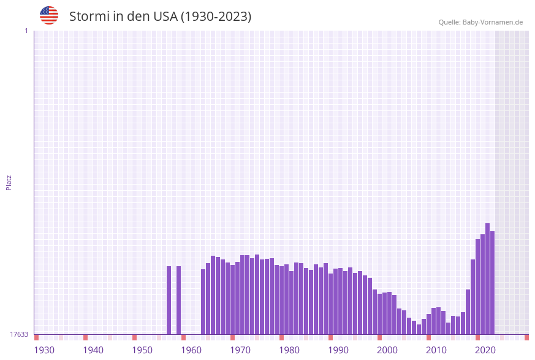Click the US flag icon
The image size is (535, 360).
(49, 15)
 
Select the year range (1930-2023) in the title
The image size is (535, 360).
(216, 17)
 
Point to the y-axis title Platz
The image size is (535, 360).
(9, 182)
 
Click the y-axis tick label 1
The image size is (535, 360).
(26, 31)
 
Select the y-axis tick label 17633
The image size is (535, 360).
(19, 334)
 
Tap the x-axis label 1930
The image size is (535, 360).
(44, 350)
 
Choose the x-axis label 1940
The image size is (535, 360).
(93, 350)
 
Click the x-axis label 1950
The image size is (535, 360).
(142, 350)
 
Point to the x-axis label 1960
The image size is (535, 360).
(191, 350)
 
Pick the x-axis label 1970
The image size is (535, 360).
(240, 350)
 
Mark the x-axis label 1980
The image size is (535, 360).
(289, 350)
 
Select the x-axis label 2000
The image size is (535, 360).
(387, 350)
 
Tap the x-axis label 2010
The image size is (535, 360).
(436, 350)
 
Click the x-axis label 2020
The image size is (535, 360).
(485, 350)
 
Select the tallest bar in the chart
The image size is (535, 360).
(487, 279)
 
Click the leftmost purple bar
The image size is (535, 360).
(169, 300)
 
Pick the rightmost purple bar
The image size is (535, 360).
(492, 283)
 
